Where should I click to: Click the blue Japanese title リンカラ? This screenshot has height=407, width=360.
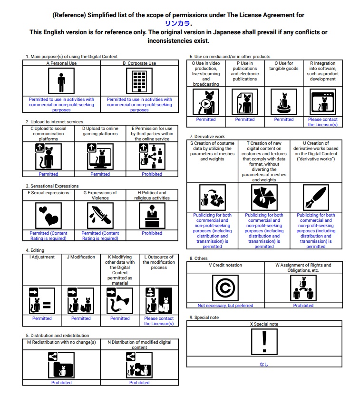178,23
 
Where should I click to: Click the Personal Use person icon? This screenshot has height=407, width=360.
61,81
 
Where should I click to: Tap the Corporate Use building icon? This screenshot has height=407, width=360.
139,81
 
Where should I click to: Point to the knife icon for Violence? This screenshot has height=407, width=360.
100,216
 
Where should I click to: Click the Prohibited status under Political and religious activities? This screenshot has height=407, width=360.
152,233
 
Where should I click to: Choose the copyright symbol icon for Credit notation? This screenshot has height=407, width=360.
225,288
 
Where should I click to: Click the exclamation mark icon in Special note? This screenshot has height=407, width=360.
264,341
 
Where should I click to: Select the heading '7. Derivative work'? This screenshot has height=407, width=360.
206,137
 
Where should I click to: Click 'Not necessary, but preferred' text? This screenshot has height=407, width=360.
225,306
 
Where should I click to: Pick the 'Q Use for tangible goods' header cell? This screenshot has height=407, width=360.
284,66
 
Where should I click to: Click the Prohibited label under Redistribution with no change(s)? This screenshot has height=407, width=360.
61,383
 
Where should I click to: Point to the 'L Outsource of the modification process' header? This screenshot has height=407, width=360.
159,262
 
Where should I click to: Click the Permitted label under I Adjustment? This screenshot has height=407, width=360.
42,318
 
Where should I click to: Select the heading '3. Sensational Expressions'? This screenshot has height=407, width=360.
52,186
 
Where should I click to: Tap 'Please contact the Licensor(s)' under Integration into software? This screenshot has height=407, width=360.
323,122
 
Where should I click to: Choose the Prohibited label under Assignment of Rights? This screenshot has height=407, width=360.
303,306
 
